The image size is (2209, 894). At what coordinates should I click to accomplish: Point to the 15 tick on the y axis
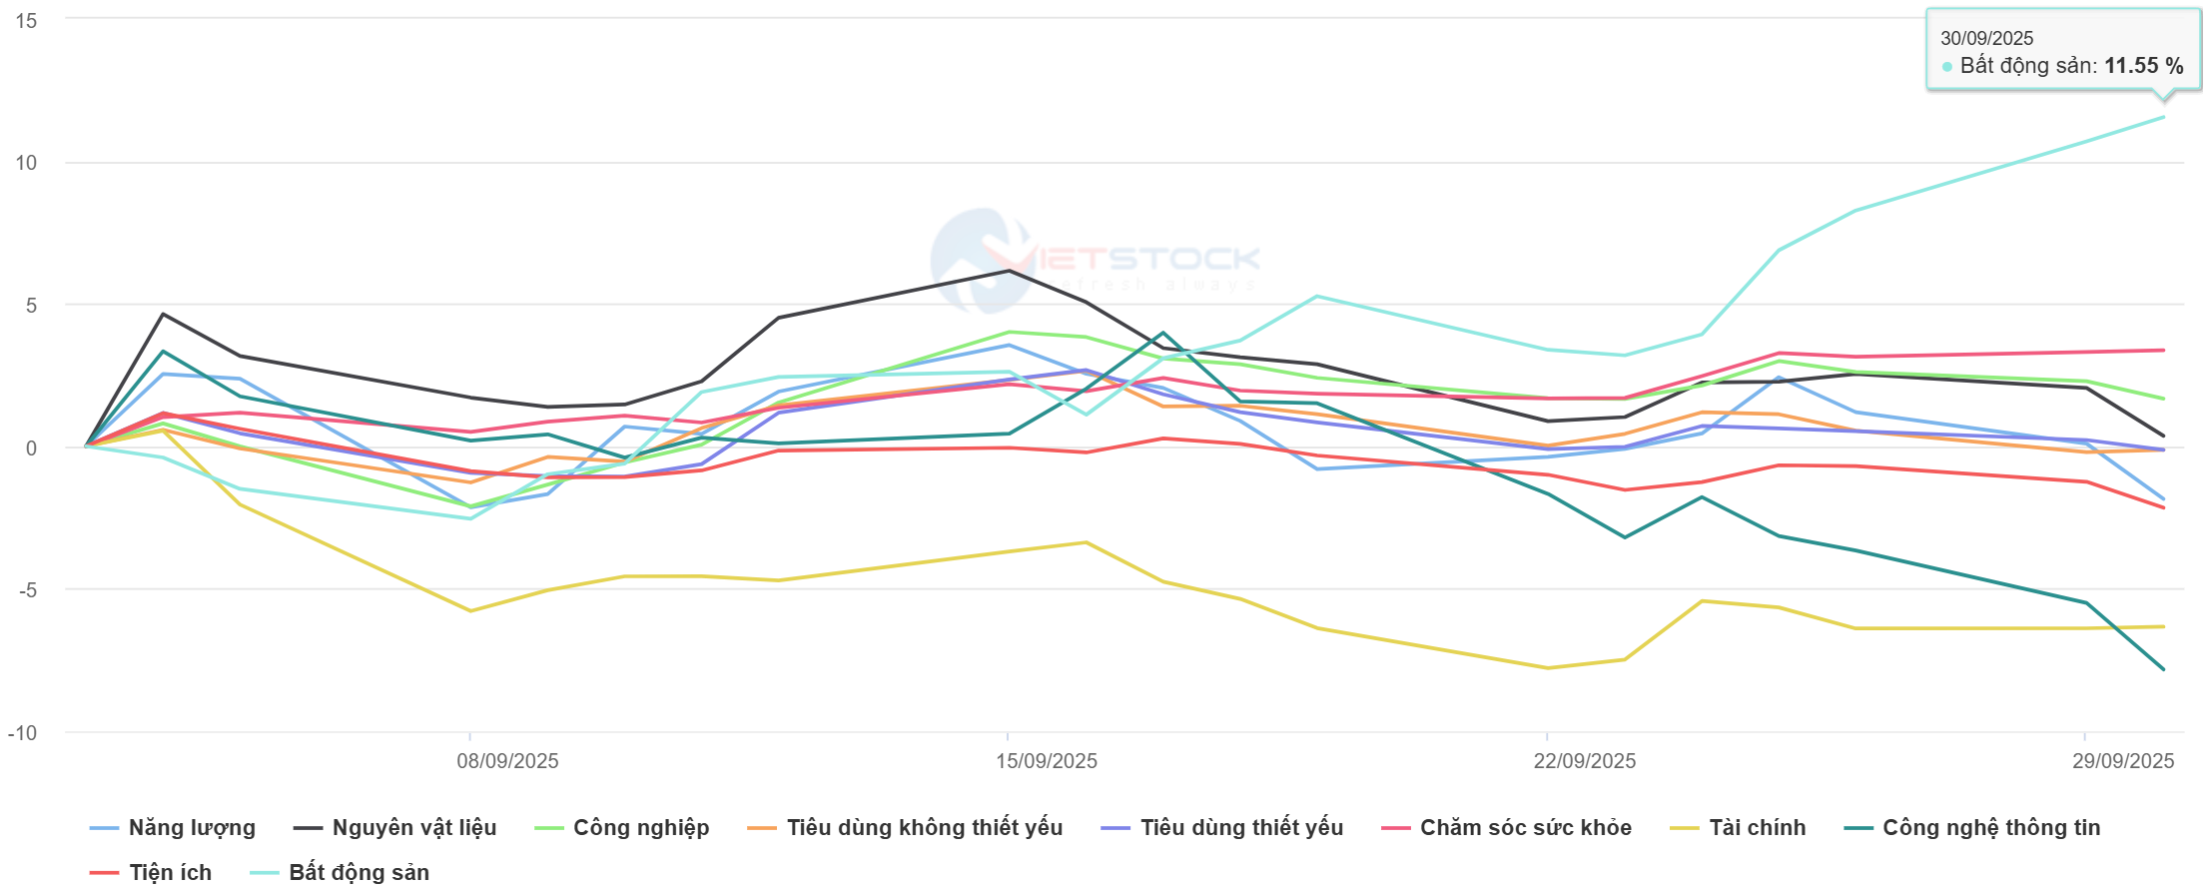pos(27,21)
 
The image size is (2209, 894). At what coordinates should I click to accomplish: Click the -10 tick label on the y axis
pos(23,733)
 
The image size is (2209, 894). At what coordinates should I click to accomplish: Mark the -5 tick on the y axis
pos(27,590)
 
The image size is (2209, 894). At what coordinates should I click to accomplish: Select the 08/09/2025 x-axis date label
pos(507,761)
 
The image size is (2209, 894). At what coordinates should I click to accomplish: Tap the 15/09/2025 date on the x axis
pos(1046,761)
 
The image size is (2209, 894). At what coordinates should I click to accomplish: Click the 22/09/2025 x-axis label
pos(1584,761)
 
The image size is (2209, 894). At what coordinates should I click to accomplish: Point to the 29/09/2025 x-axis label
pos(2122,761)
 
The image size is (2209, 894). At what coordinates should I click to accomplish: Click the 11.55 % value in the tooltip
pos(2143,66)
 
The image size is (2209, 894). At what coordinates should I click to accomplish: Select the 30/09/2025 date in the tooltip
pos(1986,38)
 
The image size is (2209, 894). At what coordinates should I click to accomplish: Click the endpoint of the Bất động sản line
pos(2163,117)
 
